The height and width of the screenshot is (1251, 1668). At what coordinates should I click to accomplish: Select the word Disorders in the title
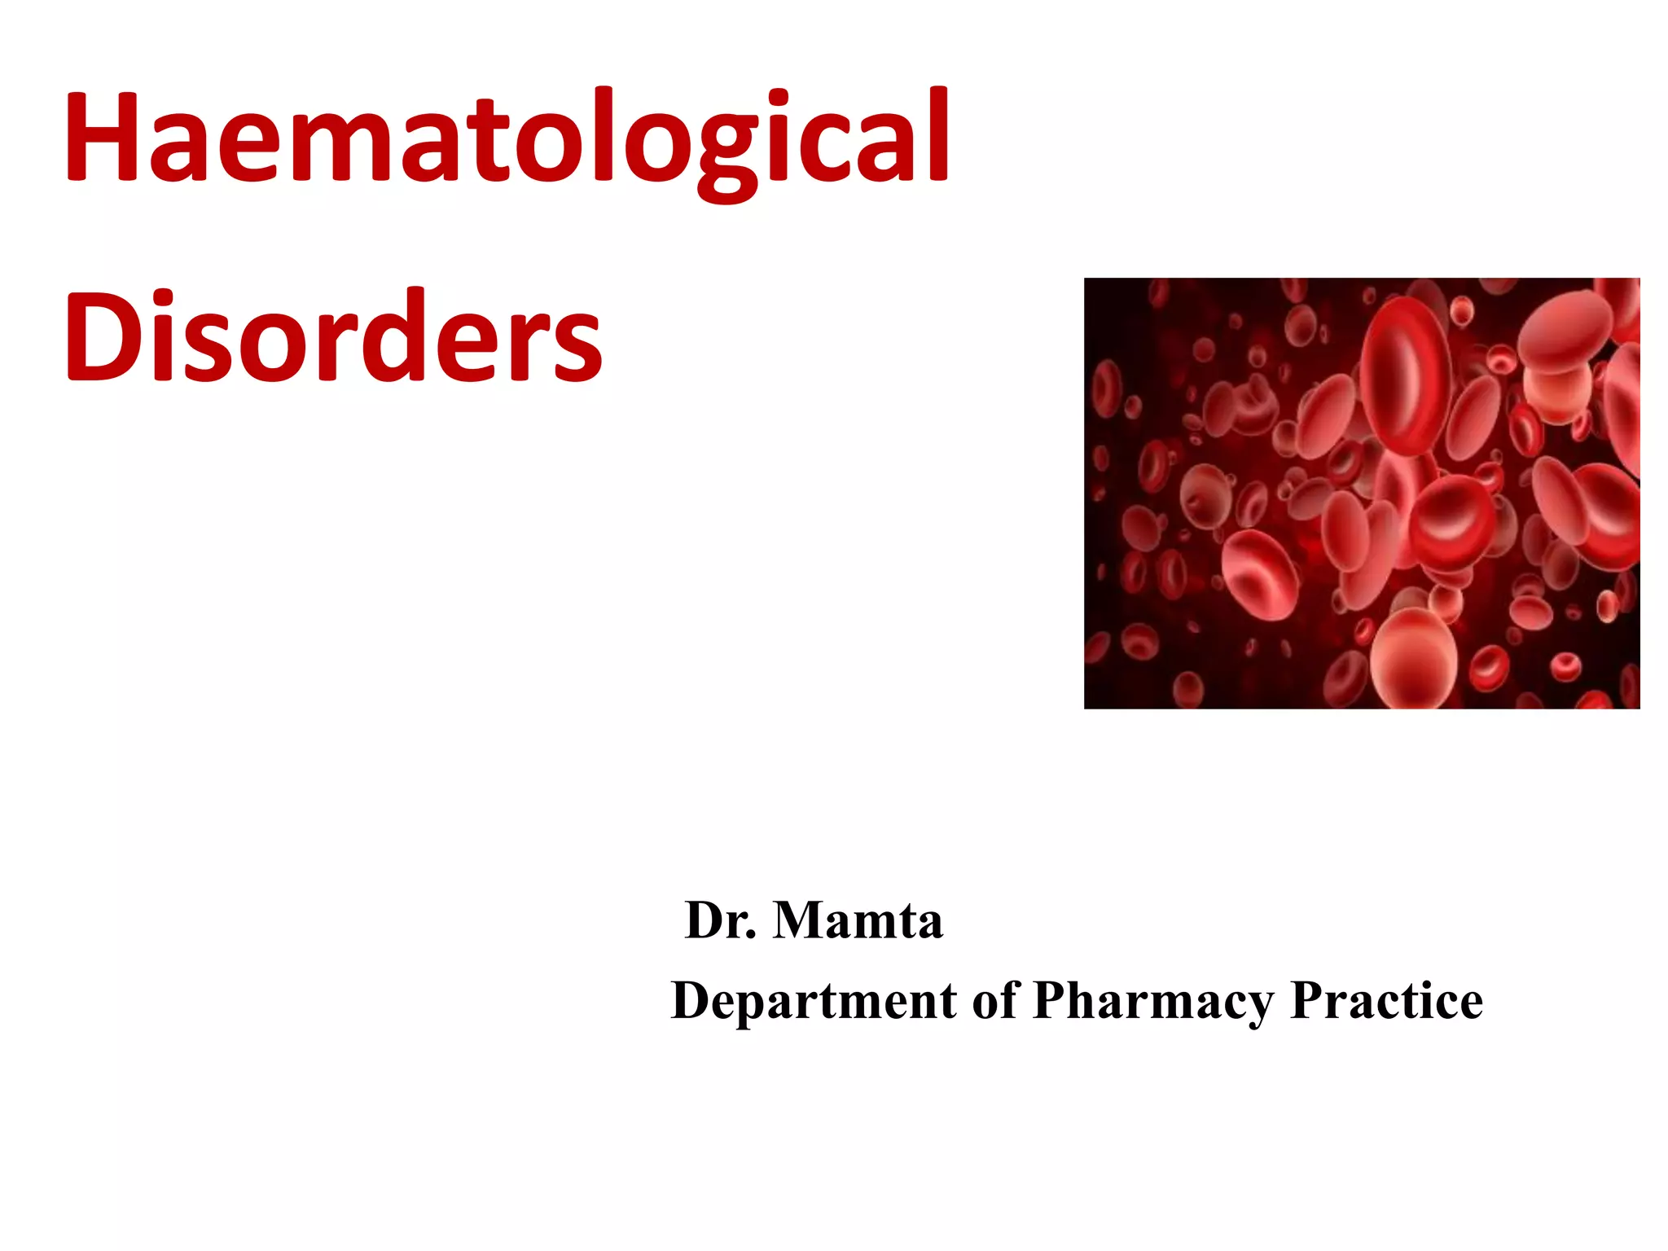tap(333, 336)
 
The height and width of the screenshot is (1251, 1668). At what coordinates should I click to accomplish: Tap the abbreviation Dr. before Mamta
tap(721, 920)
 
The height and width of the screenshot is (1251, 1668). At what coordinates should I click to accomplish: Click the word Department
tap(814, 1001)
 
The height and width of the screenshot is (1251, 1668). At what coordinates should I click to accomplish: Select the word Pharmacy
tap(1153, 1001)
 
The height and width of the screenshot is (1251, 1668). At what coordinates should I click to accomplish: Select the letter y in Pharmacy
tap(1255, 1007)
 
